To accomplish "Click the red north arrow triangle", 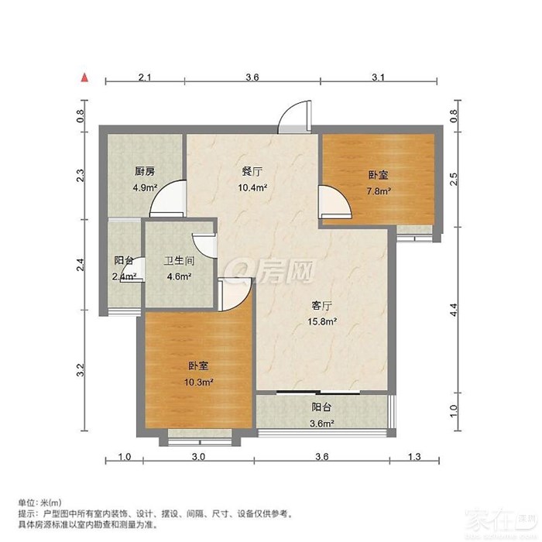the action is (84, 77).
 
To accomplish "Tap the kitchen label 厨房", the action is (145, 171).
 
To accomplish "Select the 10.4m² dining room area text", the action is (252, 187).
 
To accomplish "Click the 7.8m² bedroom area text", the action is (379, 190).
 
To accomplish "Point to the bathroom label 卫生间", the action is (179, 261).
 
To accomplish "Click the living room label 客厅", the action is (322, 306).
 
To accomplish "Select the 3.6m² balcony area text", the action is (322, 423).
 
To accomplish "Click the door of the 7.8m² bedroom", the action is (335, 203).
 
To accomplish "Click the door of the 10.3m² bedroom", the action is (236, 294).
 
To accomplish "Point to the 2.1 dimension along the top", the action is (145, 77).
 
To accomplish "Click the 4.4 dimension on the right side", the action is (453, 310).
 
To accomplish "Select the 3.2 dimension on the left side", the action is (81, 370).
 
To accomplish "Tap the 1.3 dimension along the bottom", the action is (414, 457).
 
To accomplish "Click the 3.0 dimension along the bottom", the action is (198, 457).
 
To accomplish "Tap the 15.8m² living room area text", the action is (323, 321).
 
